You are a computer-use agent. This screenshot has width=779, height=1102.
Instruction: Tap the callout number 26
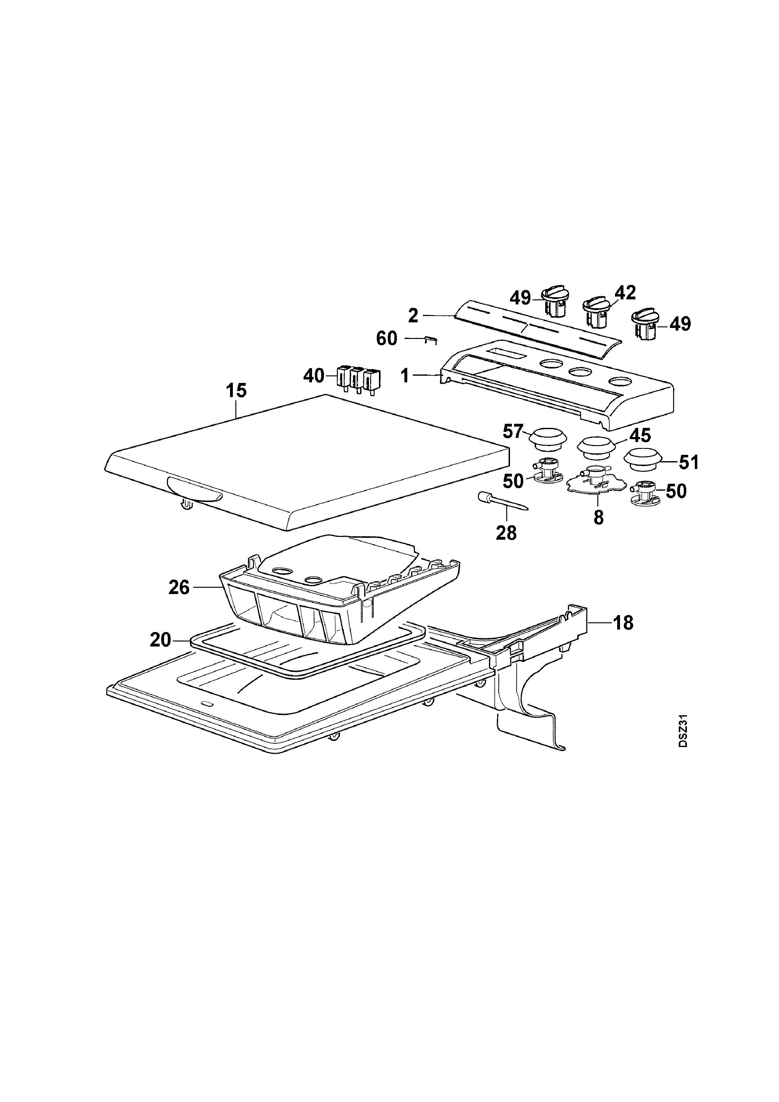[179, 587]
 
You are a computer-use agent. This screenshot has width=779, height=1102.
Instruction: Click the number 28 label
[506, 533]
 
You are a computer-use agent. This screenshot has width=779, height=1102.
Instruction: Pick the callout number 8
[599, 518]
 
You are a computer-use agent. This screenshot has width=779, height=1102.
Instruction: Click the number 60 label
[387, 339]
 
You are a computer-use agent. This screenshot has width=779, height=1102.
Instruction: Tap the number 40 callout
[314, 376]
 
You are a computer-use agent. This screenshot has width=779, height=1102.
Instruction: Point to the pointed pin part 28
[502, 501]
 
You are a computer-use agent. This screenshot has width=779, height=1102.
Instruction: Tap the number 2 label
[413, 316]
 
